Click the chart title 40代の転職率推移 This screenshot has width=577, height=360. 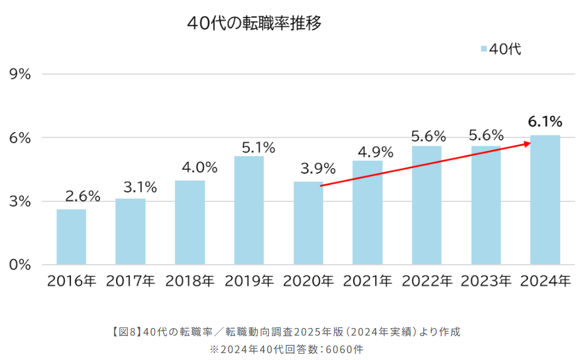click(254, 23)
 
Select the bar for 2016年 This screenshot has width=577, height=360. click(71, 236)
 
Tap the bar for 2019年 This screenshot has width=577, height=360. click(249, 210)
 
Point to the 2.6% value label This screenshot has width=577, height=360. click(83, 196)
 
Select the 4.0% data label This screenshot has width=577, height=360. click(199, 167)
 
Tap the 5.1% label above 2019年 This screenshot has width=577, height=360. click(258, 148)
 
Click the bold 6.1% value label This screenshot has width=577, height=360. click(544, 122)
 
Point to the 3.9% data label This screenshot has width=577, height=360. click(318, 169)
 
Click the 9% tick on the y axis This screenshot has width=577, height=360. click(21, 74)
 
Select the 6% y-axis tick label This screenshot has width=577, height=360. click(21, 138)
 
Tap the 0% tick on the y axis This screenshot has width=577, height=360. click(21, 265)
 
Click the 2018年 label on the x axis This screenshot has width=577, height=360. click(190, 281)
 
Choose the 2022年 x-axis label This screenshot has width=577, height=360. click(426, 281)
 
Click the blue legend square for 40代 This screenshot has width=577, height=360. click(484, 49)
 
